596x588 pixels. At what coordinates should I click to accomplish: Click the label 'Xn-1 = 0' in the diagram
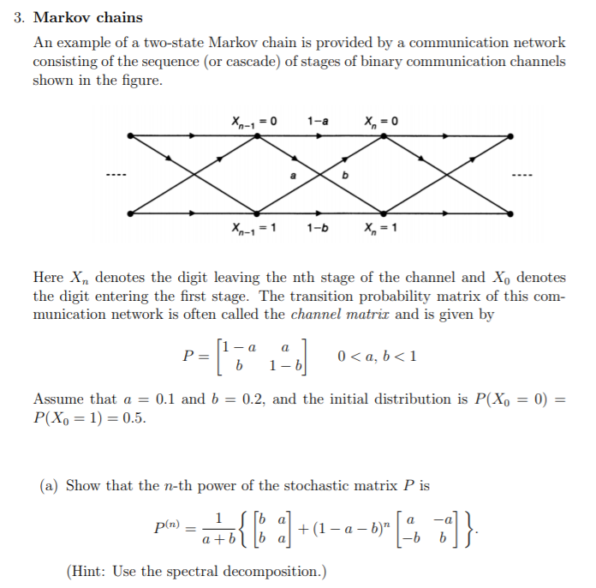pyautogui.click(x=253, y=121)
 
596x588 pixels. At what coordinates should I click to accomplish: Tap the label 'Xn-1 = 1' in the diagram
pyautogui.click(x=253, y=229)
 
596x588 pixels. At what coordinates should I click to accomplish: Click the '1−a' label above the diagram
pyautogui.click(x=317, y=121)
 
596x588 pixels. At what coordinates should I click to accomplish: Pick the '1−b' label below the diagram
pyautogui.click(x=318, y=229)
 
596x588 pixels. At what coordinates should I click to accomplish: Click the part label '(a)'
pyautogui.click(x=50, y=485)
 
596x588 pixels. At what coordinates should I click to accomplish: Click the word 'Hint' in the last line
pyautogui.click(x=89, y=572)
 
